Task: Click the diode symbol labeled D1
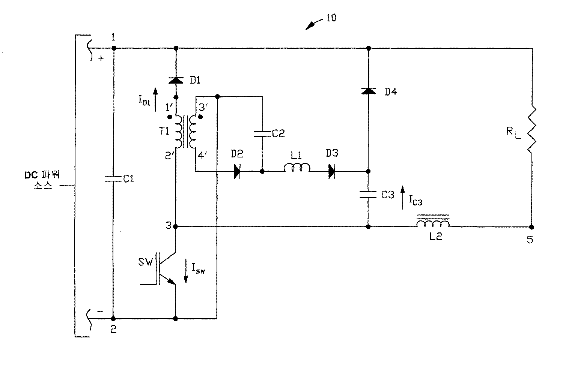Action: click(x=176, y=80)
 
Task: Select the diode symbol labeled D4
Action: click(x=368, y=91)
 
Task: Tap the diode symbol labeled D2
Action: click(x=237, y=172)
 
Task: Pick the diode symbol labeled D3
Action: click(x=331, y=172)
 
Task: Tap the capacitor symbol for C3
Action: click(x=368, y=194)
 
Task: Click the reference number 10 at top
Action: click(x=331, y=18)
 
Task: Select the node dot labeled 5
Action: click(x=531, y=227)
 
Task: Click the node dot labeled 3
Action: click(x=176, y=226)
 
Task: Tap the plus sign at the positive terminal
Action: click(x=101, y=58)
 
